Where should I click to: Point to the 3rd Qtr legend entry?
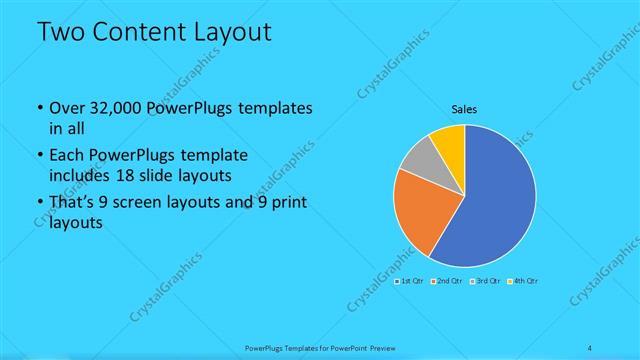484,281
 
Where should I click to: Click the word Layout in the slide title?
233,32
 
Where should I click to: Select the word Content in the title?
139,32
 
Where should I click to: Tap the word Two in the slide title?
60,32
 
